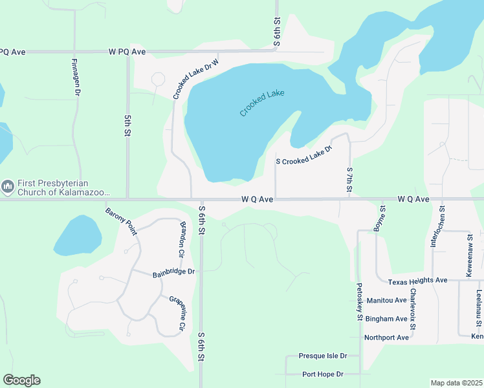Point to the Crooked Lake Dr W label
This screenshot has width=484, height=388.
(x=196, y=79)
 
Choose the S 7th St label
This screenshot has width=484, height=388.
(x=349, y=182)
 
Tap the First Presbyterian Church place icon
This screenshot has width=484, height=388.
(x=8, y=188)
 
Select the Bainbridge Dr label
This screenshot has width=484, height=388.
(x=173, y=273)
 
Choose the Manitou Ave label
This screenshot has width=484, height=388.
(x=386, y=301)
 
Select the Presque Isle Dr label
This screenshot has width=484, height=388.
(x=323, y=356)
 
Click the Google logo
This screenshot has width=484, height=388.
(x=21, y=380)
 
